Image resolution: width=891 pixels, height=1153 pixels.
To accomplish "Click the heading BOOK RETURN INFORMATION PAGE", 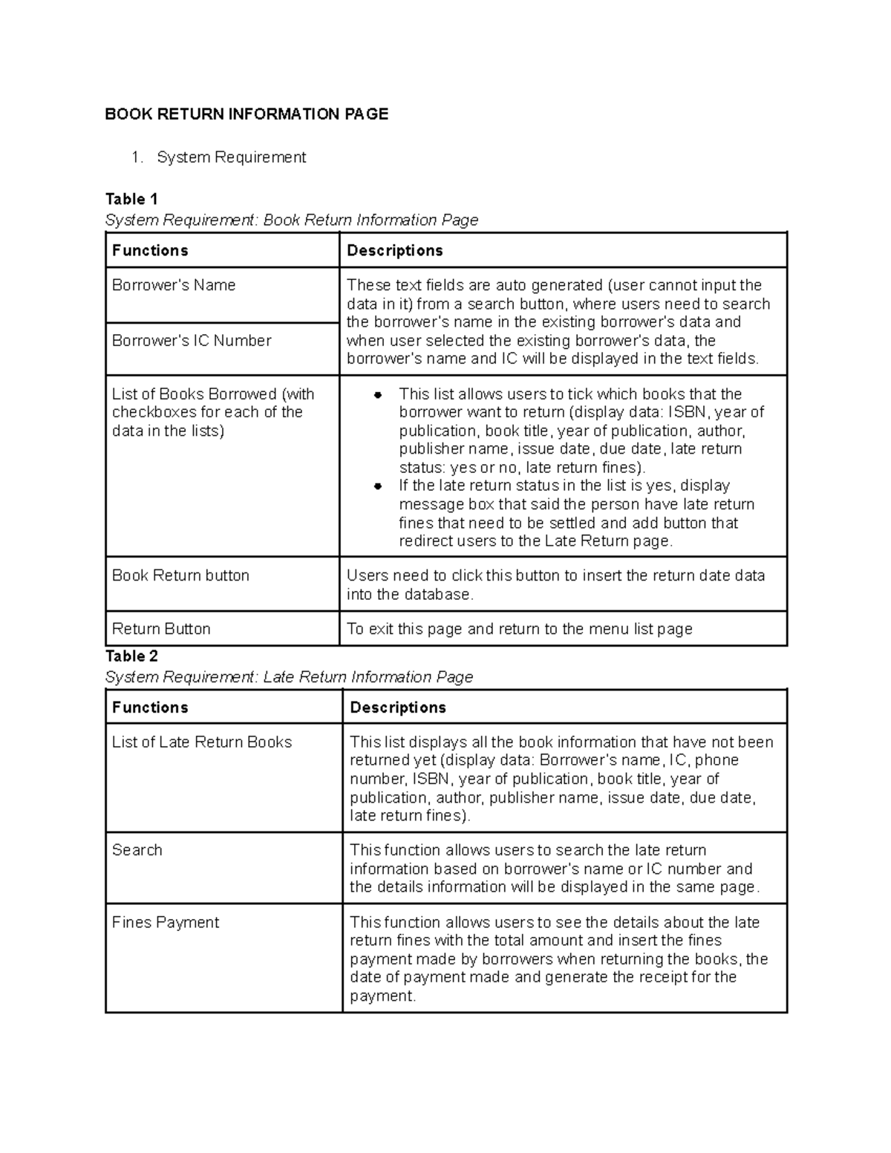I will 247,114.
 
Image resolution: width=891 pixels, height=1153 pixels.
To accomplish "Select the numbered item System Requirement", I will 231,157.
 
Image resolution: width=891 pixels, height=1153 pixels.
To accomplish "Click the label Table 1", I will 131,199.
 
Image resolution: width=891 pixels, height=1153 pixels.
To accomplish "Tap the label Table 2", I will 131,656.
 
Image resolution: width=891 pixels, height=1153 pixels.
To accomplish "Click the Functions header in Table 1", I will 150,250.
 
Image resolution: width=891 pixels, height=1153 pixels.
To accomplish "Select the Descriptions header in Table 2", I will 398,708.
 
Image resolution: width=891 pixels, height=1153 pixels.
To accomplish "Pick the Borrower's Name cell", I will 174,285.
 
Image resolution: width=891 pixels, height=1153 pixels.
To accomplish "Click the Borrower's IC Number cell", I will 192,341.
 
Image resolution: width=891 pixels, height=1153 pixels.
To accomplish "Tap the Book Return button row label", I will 180,575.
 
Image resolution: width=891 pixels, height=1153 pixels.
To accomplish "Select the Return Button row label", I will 161,629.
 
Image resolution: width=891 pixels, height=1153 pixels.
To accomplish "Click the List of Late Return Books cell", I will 202,742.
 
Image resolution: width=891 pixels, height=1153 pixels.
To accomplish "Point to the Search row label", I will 137,850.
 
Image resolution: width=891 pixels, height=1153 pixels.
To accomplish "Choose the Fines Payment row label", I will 166,922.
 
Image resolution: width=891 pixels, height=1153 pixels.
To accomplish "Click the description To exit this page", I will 519,629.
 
